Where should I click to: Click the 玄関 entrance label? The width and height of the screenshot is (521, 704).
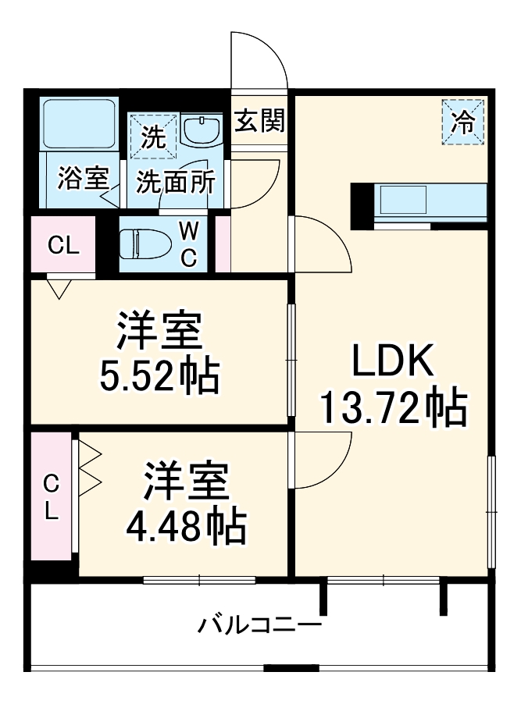[x=261, y=121]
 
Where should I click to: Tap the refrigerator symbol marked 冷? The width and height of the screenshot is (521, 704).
[x=464, y=123]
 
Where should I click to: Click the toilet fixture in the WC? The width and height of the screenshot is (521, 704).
[x=145, y=244]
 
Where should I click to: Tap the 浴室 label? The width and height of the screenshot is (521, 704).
[x=83, y=178]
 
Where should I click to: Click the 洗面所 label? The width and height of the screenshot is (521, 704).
[x=176, y=182]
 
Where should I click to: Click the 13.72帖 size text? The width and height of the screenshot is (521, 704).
[x=394, y=406]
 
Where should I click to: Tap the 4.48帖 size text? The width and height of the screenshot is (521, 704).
[x=187, y=528]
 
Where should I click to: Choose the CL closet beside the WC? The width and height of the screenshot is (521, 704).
[x=63, y=246]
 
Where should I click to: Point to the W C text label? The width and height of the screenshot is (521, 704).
[x=189, y=244]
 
